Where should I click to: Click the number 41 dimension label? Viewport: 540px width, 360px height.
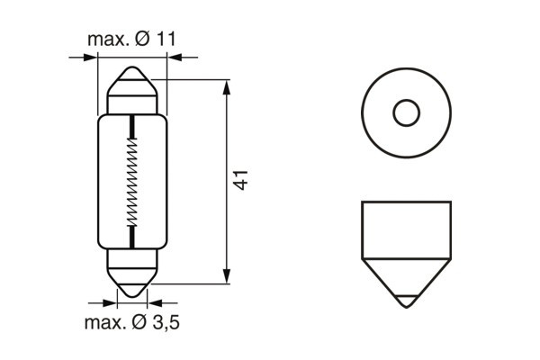click(240, 179)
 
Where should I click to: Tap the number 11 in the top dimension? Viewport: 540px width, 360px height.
click(166, 40)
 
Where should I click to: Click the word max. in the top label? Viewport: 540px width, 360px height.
click(107, 40)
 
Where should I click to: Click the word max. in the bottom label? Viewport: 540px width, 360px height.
click(103, 322)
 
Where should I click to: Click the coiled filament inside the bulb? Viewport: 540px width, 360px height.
click(133, 180)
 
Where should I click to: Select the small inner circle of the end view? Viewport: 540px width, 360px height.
click(406, 112)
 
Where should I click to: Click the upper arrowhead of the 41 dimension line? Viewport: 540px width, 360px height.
click(226, 85)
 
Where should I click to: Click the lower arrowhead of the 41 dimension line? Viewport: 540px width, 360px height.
click(226, 278)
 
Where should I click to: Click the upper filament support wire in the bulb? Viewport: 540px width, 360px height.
click(133, 126)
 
